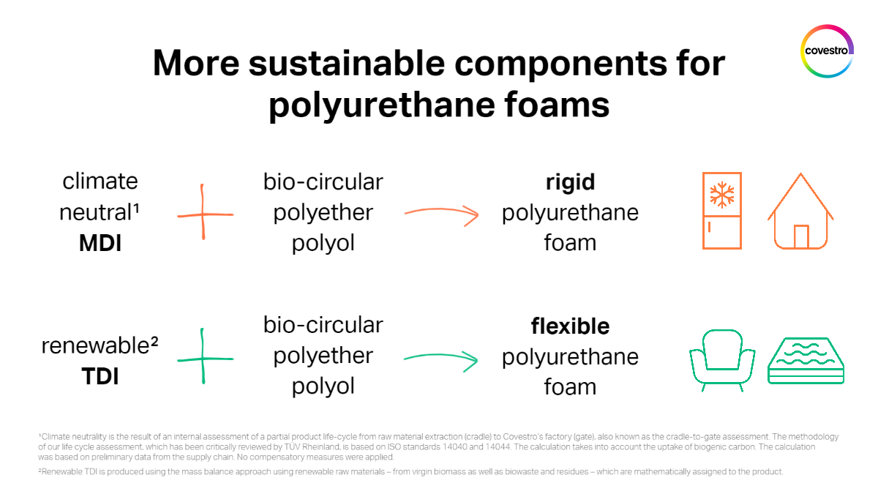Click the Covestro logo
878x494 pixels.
tap(827, 50)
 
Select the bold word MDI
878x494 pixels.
tap(100, 243)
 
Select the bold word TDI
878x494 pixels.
tap(100, 377)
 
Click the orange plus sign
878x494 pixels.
tap(203, 215)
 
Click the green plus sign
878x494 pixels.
tap(203, 359)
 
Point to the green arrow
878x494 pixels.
tap(440, 359)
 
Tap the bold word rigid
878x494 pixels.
tap(570, 181)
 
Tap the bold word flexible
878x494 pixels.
tap(570, 325)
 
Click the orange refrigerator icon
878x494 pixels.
tap(721, 211)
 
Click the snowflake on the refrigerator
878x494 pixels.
tap(721, 194)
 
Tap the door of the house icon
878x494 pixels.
tap(801, 236)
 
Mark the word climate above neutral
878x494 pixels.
tap(100, 181)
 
